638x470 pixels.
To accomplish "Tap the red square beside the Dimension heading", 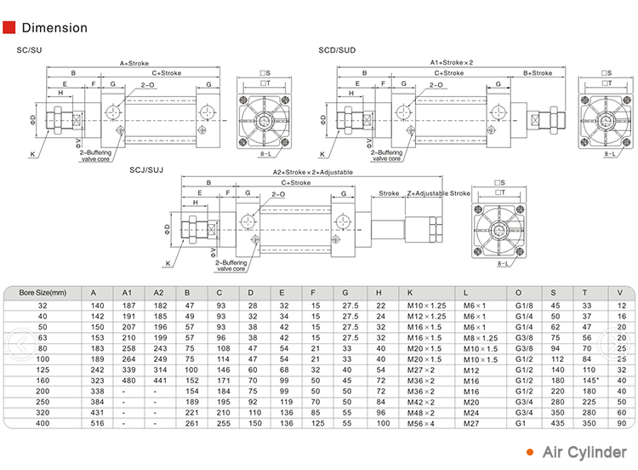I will (10, 27).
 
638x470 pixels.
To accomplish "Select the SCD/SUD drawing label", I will (335, 50).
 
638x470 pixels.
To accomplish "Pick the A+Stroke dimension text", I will (134, 62).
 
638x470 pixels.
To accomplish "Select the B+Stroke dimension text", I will (537, 73).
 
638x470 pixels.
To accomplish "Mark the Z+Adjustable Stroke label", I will (438, 193).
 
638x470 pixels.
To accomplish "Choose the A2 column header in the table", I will (158, 292).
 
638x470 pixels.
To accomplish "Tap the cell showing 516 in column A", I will (97, 422).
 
